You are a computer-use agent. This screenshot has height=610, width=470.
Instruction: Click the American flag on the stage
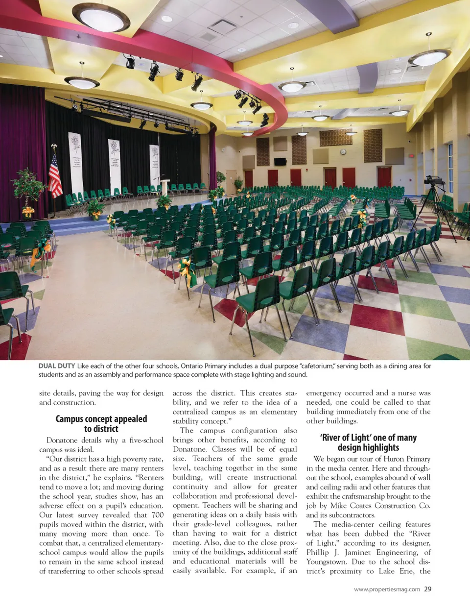pos(55,176)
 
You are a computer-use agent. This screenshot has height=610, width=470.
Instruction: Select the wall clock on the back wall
pos(343,152)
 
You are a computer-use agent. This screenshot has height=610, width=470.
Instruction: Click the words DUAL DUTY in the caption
pos(57,366)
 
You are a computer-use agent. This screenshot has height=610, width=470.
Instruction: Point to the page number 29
pos(428,589)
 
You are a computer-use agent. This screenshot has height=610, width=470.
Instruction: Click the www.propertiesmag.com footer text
pos(387,589)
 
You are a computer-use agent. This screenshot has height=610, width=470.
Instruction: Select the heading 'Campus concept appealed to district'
pos(101,424)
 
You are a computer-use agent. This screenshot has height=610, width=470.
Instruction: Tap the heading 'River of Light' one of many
pos(369,442)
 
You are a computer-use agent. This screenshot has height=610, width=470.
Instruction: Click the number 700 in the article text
pos(157,515)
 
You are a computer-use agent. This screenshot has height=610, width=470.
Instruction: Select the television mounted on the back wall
pos(280,162)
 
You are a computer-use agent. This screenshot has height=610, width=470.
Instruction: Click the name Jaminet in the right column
pos(358,553)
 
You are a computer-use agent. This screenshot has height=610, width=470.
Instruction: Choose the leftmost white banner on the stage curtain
pos(76,162)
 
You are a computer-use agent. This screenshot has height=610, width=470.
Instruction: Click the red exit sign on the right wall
pos(412,155)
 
